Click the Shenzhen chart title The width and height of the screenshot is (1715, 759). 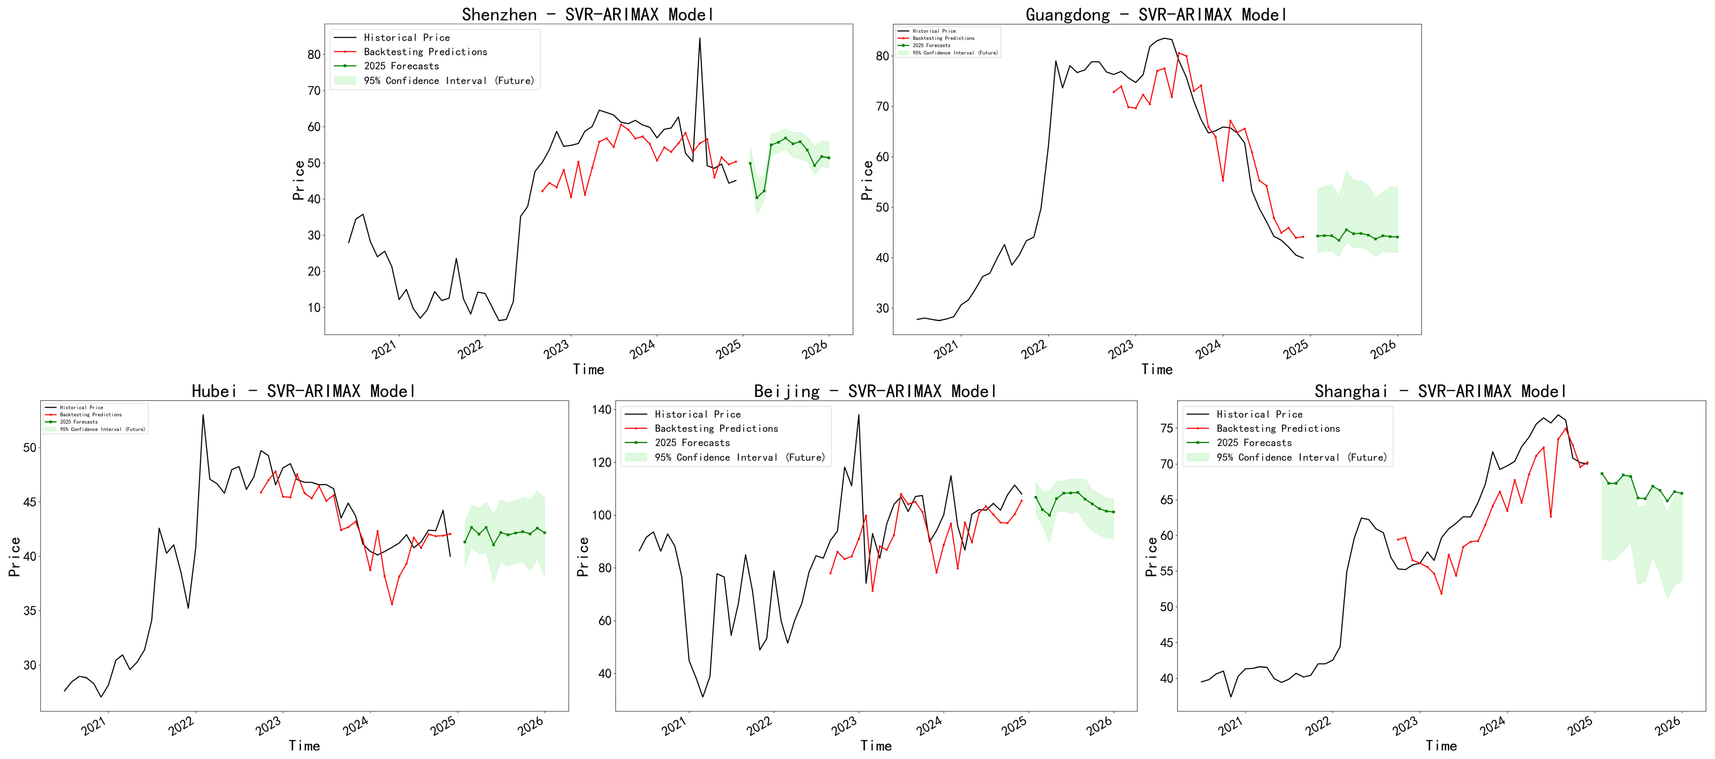[588, 15]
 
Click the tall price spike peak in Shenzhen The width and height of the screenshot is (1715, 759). [699, 38]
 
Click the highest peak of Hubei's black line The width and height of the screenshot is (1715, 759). [203, 415]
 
